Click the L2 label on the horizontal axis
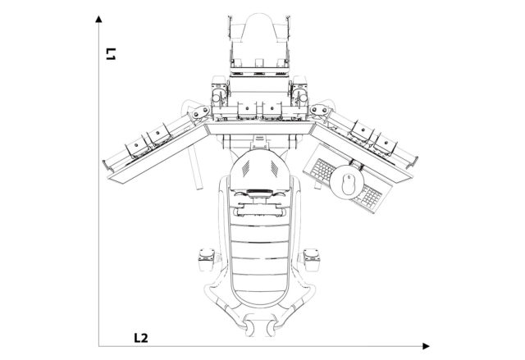point(141,337)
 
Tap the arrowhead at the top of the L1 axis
point(98,17)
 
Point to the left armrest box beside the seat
point(205,259)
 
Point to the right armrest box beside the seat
point(312,257)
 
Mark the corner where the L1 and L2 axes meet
point(98,346)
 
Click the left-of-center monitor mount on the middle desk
point(244,110)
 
